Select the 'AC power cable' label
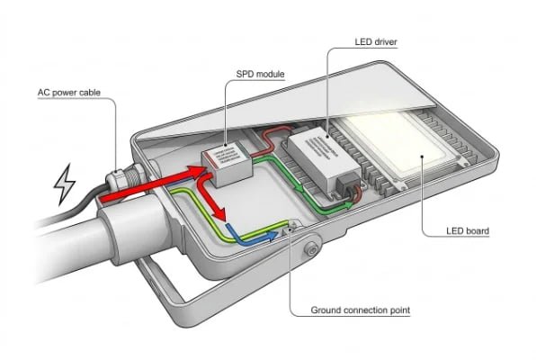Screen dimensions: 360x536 tap(76, 92)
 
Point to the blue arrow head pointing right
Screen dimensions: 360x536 tap(268, 238)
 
